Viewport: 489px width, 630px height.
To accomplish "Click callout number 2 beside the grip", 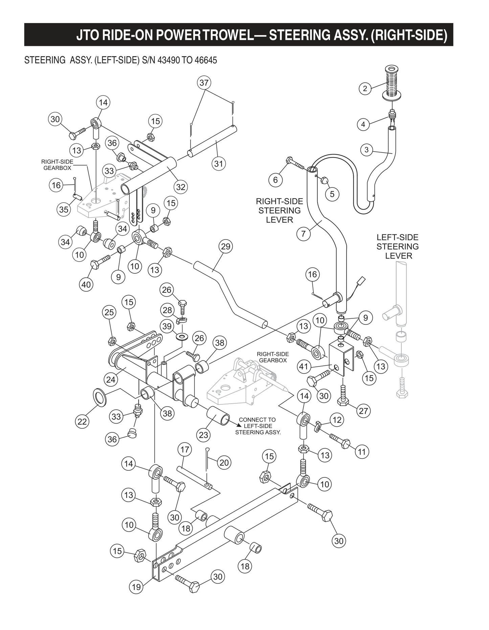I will [365, 89].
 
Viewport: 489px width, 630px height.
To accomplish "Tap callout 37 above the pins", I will [204, 83].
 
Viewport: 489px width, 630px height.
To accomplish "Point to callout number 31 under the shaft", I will [219, 163].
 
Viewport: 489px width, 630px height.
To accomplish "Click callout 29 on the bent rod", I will [226, 246].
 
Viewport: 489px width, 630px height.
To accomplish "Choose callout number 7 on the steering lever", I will [303, 234].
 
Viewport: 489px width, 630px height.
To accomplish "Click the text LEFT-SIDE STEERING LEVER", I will [397, 246].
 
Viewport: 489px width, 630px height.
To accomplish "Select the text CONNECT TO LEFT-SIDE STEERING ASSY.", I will [258, 426].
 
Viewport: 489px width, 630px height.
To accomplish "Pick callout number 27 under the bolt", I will [363, 411].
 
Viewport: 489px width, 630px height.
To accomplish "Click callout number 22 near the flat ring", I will [82, 422].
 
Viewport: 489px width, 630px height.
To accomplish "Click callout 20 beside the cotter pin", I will [224, 462].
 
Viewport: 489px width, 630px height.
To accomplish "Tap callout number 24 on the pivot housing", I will [111, 380].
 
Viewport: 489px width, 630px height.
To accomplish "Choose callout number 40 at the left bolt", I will [86, 285].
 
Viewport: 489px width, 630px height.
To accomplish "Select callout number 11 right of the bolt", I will [362, 451].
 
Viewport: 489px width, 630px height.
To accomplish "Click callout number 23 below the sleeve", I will [203, 434].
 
